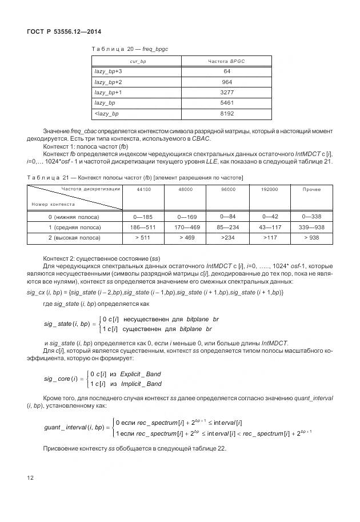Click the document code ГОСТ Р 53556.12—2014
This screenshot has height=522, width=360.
pos(60,31)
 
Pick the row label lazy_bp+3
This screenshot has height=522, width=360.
pos(109,71)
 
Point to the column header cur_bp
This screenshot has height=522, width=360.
pos(136,61)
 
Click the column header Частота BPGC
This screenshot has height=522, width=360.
pos(227,61)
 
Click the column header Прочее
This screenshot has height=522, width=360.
pos(311,189)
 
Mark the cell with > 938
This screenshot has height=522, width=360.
pos(311,237)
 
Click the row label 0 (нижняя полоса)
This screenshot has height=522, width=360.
pos(74,217)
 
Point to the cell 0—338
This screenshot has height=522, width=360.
pos(311,217)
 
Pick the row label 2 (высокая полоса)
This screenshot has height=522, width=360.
pos(74,237)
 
